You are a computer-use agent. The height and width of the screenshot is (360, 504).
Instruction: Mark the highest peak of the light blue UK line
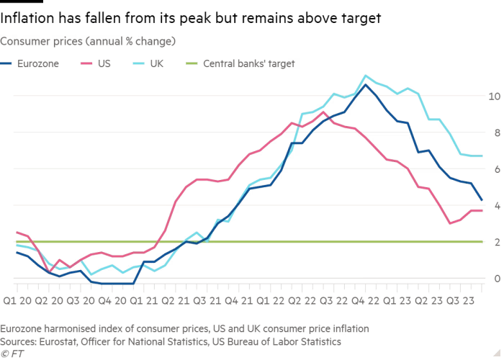[366, 75]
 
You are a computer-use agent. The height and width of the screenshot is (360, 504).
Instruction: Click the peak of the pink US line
[325, 112]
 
